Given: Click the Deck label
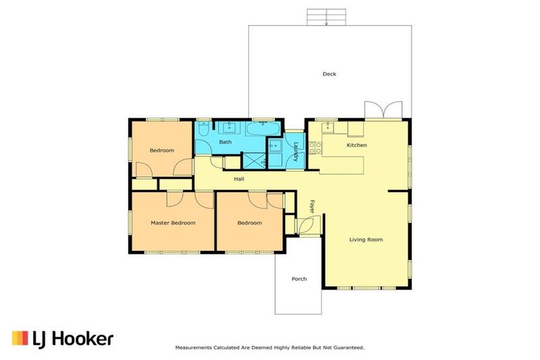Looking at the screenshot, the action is coord(329,74).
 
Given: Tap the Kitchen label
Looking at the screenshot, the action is coord(356,145).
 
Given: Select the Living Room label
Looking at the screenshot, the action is coord(366,240).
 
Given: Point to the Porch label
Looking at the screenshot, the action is coord(299,278).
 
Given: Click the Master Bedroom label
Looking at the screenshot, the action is coord(173,223).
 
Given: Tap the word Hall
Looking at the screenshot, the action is coord(239,179).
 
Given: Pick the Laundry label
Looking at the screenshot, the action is coord(296,152).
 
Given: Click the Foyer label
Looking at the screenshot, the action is coord(312,206).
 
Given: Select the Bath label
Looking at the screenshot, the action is coord(225,141).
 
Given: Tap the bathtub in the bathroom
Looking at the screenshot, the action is coord(264,129).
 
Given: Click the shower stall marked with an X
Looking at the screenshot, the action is coord(255,160).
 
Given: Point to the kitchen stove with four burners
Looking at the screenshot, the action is coord(315,148).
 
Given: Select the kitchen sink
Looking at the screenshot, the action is coord(328,127).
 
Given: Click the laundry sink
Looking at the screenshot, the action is coord(275,146).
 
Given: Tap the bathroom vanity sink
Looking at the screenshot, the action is coord(229,127).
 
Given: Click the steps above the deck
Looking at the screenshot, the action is coord(326,17).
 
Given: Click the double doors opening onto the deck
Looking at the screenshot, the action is coord(383,110).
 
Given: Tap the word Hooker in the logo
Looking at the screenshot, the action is coord(83,339).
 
